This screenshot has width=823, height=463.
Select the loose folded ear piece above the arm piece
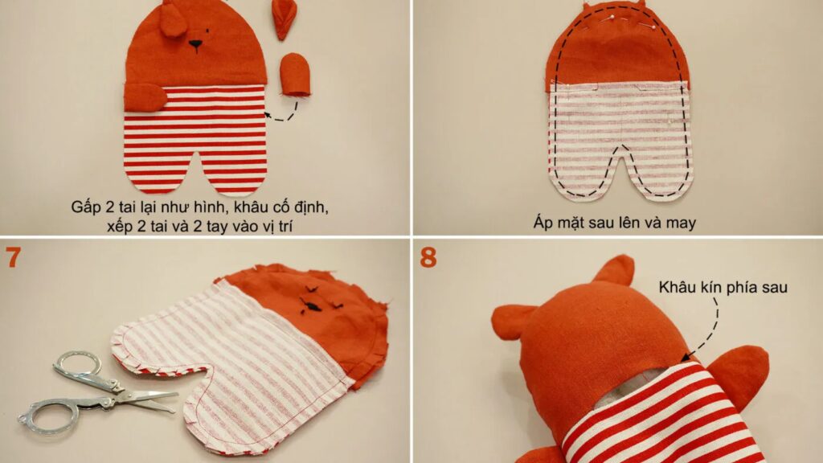tap(285, 19)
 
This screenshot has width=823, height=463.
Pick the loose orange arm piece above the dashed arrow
tap(295, 74)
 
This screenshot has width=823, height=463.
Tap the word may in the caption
tap(681, 223)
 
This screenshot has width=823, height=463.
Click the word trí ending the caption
tap(280, 227)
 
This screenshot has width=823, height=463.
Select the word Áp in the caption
tap(544, 223)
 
